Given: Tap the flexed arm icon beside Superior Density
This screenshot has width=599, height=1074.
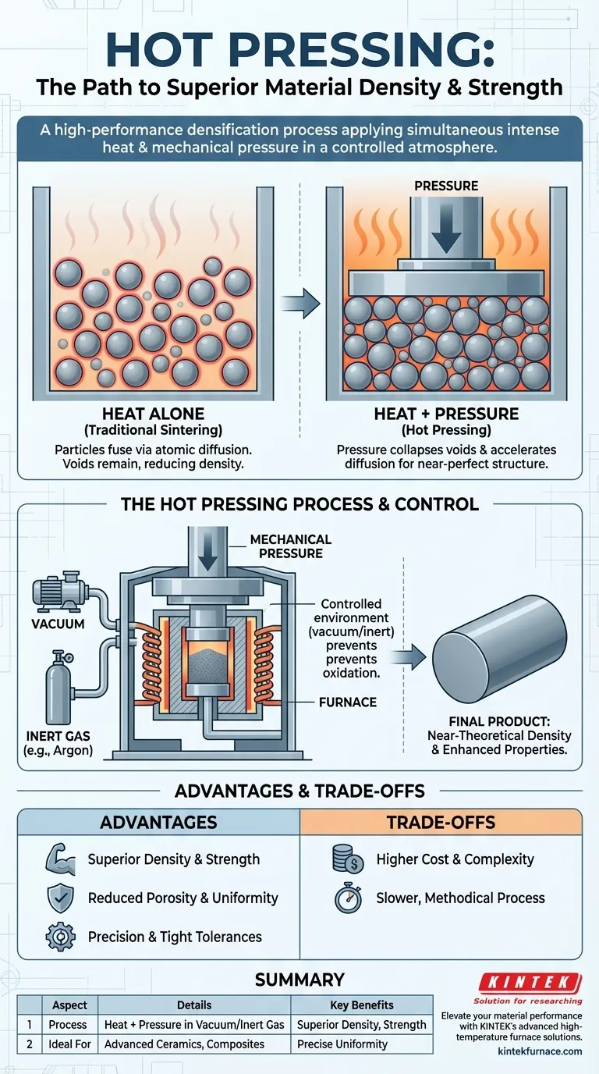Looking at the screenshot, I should click(x=59, y=859).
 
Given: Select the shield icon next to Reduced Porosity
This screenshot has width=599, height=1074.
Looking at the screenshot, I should click(x=59, y=898).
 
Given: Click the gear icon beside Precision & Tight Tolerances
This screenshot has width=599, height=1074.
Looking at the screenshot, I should click(x=59, y=937).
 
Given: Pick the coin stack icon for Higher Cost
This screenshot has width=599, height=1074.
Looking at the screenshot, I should click(x=347, y=859).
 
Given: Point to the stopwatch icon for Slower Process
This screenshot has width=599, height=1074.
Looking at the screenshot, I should click(x=348, y=898).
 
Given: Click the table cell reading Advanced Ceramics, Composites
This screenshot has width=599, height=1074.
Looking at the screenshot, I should click(x=184, y=1044).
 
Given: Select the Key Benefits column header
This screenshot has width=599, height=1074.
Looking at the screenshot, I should click(x=361, y=1005).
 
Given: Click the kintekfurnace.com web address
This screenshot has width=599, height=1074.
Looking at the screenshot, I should click(x=540, y=1051).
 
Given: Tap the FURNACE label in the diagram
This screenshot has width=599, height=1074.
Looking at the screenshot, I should click(x=348, y=702).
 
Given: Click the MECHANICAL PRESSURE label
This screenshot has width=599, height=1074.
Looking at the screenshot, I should click(x=291, y=546).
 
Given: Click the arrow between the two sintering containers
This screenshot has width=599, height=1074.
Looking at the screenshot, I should click(x=301, y=303).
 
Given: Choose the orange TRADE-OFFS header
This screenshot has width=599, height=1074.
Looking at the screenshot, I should click(x=441, y=822).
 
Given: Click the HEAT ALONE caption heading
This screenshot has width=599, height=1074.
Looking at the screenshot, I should click(x=154, y=414).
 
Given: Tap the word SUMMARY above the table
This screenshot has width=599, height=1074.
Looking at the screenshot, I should click(x=299, y=980).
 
